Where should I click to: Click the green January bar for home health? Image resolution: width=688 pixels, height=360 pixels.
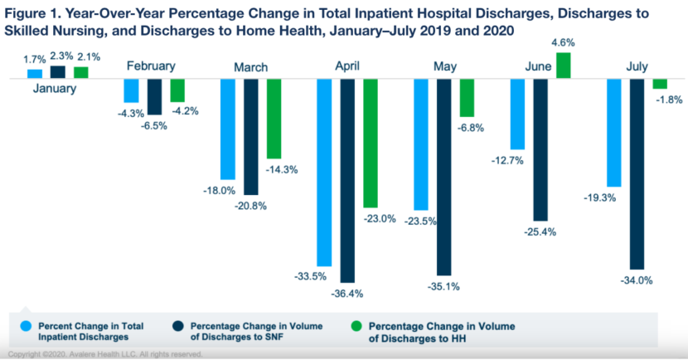(x=80, y=73)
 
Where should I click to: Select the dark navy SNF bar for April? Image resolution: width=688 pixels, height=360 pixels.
(x=347, y=181)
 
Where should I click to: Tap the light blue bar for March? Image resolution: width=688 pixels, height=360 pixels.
(x=228, y=129)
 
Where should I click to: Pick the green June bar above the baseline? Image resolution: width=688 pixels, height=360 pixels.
(x=564, y=66)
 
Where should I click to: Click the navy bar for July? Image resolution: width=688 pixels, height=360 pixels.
(x=637, y=174)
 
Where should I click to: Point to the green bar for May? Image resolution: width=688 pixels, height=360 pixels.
(x=467, y=98)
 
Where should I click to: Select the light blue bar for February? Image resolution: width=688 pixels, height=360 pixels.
(x=131, y=91)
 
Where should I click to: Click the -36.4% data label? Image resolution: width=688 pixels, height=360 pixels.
(x=347, y=294)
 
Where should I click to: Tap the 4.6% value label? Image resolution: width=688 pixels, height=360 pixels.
(x=563, y=43)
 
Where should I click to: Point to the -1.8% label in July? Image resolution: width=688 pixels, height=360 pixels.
(x=669, y=100)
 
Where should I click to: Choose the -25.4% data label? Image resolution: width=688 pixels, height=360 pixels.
(x=540, y=231)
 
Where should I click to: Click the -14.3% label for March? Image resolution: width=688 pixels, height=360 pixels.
(x=282, y=169)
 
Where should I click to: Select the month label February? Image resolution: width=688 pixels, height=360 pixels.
(x=151, y=66)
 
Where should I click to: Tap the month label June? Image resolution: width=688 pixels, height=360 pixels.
(x=538, y=66)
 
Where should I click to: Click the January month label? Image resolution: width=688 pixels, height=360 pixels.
(x=55, y=88)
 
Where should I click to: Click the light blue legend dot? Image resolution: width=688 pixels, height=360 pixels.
(x=26, y=326)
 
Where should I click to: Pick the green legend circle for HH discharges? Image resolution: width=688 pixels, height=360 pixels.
(x=356, y=326)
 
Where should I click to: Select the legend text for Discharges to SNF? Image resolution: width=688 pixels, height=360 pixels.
(x=256, y=332)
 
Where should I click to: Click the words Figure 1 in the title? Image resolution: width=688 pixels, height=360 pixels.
(x=31, y=13)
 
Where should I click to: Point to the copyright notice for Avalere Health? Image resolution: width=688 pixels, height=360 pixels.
(x=105, y=354)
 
